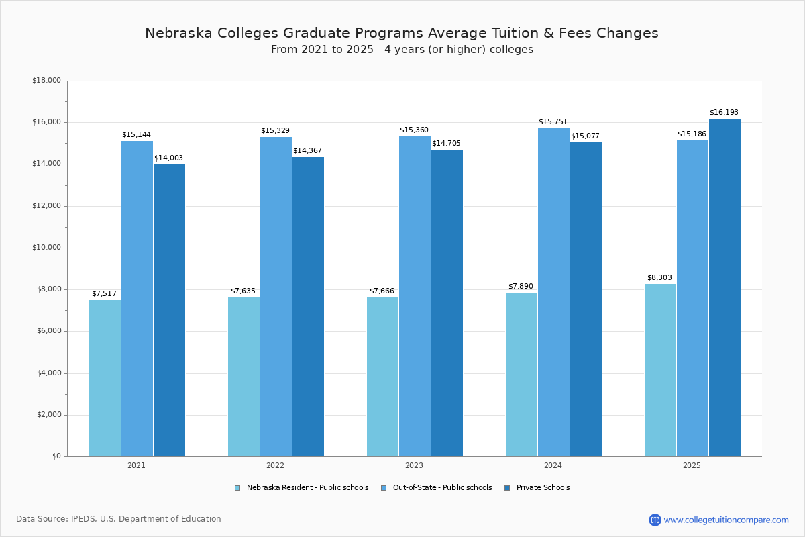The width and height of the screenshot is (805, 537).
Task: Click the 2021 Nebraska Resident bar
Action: pyautogui.click(x=105, y=378)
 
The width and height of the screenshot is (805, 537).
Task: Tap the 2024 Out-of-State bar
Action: pyautogui.click(x=553, y=292)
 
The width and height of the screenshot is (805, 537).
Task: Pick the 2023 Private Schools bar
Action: pyautogui.click(x=447, y=303)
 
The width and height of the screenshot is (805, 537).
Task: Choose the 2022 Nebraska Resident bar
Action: pyautogui.click(x=244, y=377)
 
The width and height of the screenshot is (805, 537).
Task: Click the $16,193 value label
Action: pyautogui.click(x=724, y=112)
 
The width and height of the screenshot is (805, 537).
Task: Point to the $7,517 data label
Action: pyautogui.click(x=104, y=293)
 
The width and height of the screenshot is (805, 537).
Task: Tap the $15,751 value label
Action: pyautogui.click(x=553, y=121)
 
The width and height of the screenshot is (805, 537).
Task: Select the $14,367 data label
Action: pyautogui.click(x=307, y=150)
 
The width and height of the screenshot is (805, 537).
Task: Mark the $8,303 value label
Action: pyautogui.click(x=659, y=277)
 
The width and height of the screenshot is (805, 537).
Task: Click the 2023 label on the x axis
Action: pyautogui.click(x=414, y=465)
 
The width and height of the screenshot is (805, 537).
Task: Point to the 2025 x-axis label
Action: pyautogui.click(x=692, y=465)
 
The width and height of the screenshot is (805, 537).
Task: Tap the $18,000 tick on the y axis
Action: pyautogui.click(x=46, y=81)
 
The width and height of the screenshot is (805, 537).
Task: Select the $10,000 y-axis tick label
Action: pyautogui.click(x=46, y=248)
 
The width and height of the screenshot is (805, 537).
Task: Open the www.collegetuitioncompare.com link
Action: pyautogui.click(x=726, y=520)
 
